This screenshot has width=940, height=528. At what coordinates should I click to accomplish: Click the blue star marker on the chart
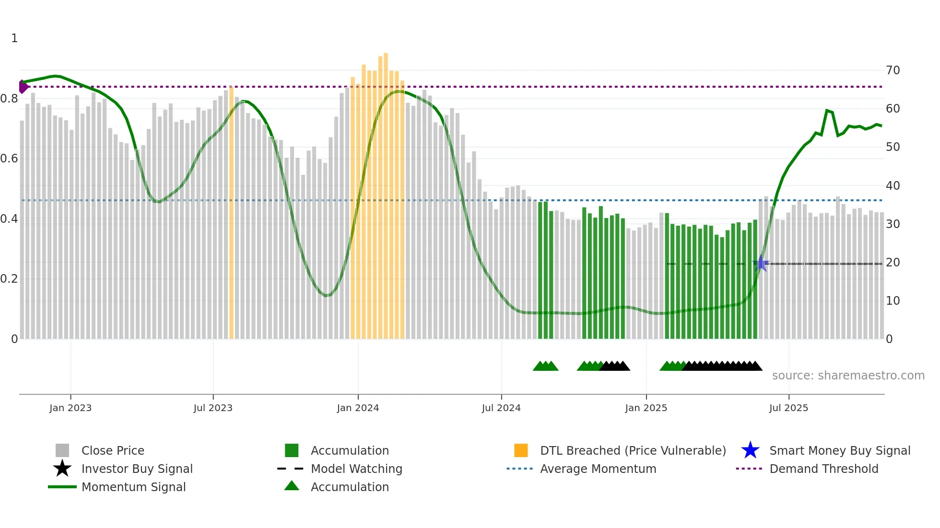coord(761,264)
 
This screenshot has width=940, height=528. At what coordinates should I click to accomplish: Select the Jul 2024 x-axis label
coord(501,408)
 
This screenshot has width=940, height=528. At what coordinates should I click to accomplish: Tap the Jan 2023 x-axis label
coord(70,408)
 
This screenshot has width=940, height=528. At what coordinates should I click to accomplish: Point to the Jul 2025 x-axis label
coord(788,408)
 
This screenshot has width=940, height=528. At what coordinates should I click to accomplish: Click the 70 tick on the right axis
coord(893,70)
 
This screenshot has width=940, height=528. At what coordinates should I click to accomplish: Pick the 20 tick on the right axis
coord(893,263)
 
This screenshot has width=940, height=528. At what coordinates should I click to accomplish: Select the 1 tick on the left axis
coord(14,38)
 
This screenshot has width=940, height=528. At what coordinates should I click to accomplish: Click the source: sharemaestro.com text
coord(848,376)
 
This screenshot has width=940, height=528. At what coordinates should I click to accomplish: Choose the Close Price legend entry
coord(113,450)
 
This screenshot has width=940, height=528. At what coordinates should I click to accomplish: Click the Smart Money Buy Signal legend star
coord(750,450)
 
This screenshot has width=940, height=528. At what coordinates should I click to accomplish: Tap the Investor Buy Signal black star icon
coord(62,469)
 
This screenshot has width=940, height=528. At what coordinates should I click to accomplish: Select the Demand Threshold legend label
coord(823,469)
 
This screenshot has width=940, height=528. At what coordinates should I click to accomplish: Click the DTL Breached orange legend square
coord(521,450)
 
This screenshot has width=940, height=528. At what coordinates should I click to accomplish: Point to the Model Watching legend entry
coord(356,469)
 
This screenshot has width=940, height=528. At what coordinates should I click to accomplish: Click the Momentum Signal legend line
coord(62,487)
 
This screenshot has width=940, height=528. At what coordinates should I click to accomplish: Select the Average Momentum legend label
coord(598,469)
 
